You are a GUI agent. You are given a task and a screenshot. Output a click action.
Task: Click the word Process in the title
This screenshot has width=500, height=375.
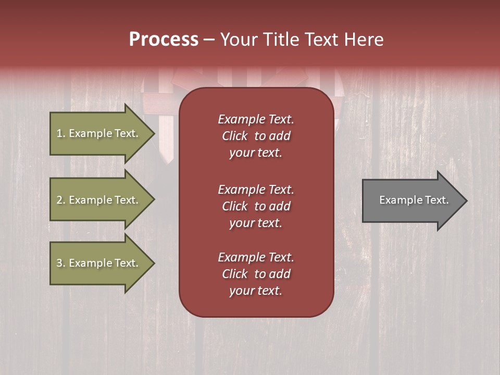click(164, 39)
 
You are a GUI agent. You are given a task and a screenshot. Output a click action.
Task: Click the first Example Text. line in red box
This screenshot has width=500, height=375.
click(256, 119)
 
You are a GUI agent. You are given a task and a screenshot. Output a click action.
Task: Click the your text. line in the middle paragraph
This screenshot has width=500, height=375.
click(256, 223)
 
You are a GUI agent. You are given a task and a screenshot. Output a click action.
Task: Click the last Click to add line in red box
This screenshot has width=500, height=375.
click(256, 274)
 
